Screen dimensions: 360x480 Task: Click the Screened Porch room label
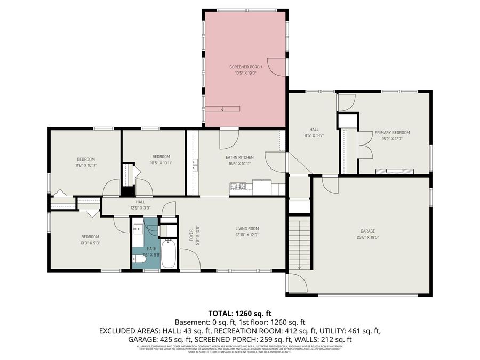click(245, 67)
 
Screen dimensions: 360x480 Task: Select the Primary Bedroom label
click(392, 132)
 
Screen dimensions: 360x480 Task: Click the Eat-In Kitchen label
click(239, 157)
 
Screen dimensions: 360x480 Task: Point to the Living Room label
click(247, 229)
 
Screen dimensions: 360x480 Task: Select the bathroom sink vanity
click(137, 228)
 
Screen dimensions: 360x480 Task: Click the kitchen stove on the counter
click(237, 186)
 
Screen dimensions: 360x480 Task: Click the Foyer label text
click(191, 235)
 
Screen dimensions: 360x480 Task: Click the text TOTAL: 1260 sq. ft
click(239, 313)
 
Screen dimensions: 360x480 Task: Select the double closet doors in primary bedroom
click(365, 144)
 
